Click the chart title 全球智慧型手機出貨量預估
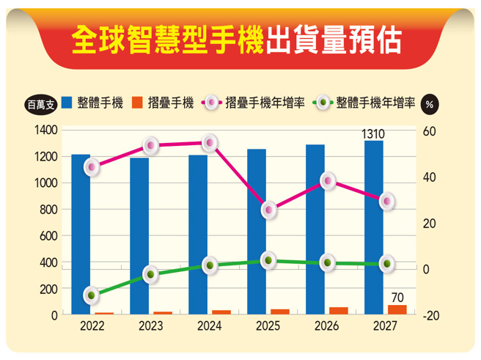pyautogui.click(x=237, y=42)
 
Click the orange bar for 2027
pyautogui.click(x=397, y=309)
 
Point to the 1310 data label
pyautogui.click(x=373, y=133)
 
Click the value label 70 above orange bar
pyautogui.click(x=397, y=297)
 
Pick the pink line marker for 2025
pyautogui.click(x=269, y=210)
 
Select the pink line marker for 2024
pyautogui.click(x=210, y=143)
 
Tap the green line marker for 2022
pyautogui.click(x=91, y=295)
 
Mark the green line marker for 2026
pyautogui.click(x=328, y=262)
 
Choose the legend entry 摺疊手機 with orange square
pyautogui.click(x=163, y=103)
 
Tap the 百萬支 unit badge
pyautogui.click(x=40, y=103)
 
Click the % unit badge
pyautogui.click(x=430, y=103)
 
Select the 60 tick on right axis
pyautogui.click(x=430, y=131)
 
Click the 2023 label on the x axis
pyautogui.click(x=150, y=326)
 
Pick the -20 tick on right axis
pyautogui.click(x=431, y=315)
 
